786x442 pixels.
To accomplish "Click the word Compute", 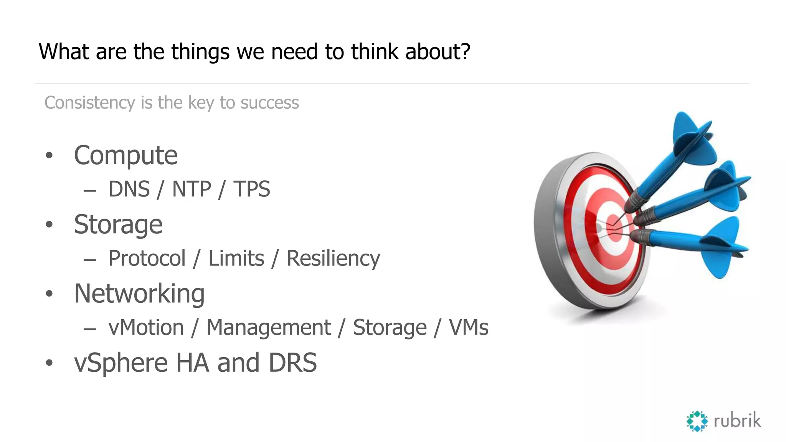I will (125, 156).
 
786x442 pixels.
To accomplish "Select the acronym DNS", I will (129, 189).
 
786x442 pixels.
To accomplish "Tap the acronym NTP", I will (192, 189).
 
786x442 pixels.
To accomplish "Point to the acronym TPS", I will (252, 189).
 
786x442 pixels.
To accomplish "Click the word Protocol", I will (147, 258).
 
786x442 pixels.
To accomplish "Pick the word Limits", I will (236, 258).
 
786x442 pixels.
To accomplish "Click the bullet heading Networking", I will (139, 294).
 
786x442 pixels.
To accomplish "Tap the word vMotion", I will (146, 328).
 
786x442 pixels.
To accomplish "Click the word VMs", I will (469, 328).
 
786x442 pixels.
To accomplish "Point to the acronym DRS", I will (292, 363).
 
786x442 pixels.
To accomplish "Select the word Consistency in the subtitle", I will (90, 103).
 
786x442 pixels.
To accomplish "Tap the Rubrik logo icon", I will (697, 421).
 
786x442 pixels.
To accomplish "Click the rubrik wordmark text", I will (737, 421).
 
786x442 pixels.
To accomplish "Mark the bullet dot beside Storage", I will (49, 224).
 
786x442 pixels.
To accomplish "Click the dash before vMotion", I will (89, 329).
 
